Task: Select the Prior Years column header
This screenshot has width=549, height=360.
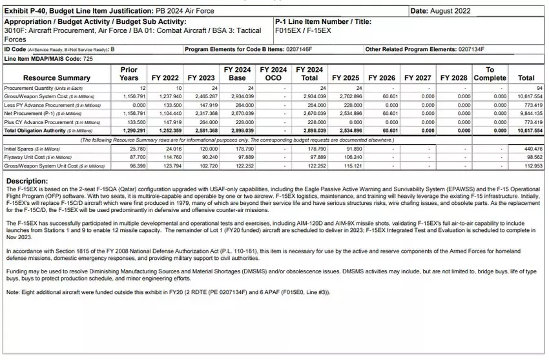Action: pos(129,74)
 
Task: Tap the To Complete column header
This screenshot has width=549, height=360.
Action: pos(490,74)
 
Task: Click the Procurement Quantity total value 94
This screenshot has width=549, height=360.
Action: pos(539,88)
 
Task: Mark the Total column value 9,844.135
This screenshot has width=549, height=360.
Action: pos(529,113)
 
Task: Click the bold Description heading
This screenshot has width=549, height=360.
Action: pos(26,180)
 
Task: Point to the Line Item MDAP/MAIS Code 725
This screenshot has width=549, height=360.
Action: pos(88,59)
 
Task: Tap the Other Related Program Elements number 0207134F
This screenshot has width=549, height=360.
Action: pos(471,49)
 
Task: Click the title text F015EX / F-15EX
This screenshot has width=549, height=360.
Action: pos(303,30)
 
